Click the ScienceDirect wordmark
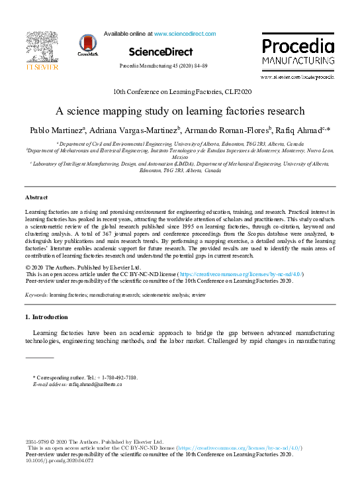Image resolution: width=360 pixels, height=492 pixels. click(x=160, y=52)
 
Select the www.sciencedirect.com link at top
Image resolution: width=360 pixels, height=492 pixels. click(x=185, y=33)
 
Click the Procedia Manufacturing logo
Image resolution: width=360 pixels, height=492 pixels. click(x=298, y=53)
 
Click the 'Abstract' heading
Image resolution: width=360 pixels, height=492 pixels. click(x=36, y=198)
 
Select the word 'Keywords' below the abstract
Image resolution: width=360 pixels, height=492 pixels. click(x=36, y=293)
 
